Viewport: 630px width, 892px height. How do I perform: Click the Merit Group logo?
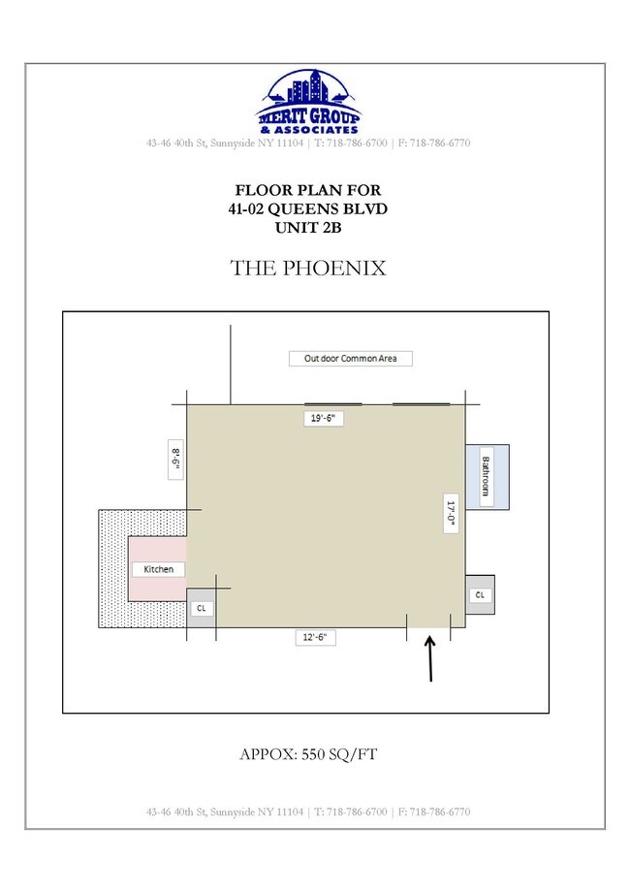coord(309,103)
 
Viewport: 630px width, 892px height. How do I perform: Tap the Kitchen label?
coord(159,569)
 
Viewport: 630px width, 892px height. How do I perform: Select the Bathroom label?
coord(486,476)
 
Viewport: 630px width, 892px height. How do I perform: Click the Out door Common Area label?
coord(350,359)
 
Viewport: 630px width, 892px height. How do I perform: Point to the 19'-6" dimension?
coord(323,418)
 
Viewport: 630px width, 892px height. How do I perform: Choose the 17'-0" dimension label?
coord(451,513)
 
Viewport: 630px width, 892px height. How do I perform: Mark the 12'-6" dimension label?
coord(315,637)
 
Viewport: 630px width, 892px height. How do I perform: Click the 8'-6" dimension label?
coord(175,459)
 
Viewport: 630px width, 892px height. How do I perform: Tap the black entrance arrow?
coord(430,658)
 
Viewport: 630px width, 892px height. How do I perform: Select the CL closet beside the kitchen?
coord(202,608)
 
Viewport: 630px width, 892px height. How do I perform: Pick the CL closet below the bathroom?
coord(480,595)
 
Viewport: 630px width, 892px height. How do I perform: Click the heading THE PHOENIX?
coord(308,268)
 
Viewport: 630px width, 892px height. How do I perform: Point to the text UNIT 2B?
coord(308,228)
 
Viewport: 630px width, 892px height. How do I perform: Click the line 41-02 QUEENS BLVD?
coord(308,208)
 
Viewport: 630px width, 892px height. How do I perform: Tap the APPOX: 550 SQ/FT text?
coord(308,754)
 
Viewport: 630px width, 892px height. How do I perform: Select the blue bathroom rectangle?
coord(488,477)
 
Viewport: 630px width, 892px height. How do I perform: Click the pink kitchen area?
coord(157,568)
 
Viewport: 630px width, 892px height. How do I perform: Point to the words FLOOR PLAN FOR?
coord(308,190)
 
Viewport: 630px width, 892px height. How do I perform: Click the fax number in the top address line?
coord(434,143)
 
